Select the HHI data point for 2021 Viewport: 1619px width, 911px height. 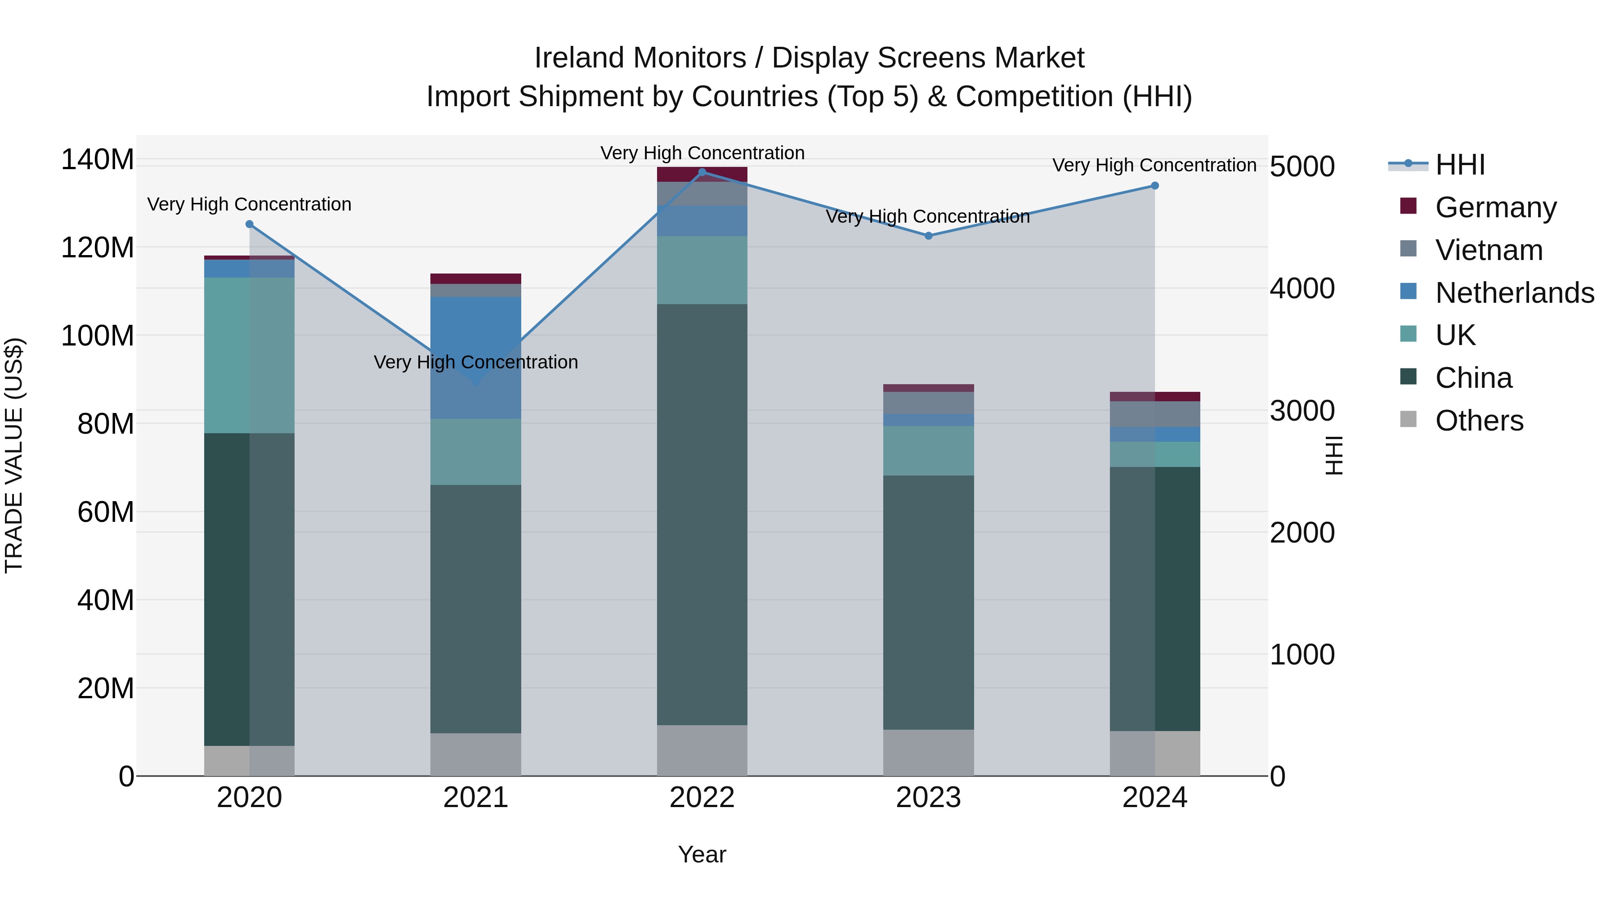tap(476, 381)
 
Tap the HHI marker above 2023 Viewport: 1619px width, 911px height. tap(928, 236)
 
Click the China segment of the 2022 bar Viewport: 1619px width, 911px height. tap(702, 514)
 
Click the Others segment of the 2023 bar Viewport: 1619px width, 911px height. tap(928, 753)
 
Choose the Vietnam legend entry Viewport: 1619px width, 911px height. tap(1488, 250)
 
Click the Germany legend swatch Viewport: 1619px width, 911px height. tap(1409, 206)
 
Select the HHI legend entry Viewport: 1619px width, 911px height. tap(1459, 165)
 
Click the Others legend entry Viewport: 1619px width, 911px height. tap(1479, 421)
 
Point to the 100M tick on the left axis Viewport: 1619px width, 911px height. tap(98, 336)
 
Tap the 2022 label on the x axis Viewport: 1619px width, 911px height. tap(702, 798)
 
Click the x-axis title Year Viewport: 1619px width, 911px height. tap(702, 854)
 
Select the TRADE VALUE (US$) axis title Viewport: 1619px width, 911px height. tap(14, 455)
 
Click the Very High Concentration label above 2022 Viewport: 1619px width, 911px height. tap(702, 153)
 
